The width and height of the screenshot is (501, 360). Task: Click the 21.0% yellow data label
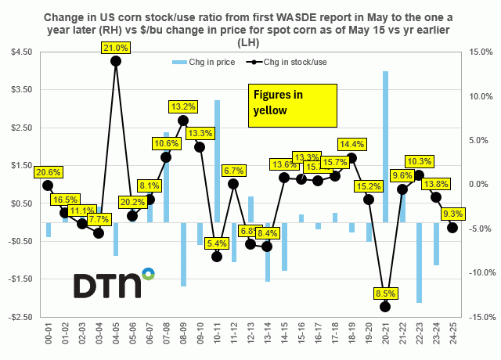coord(116,49)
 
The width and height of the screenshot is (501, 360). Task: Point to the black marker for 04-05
coord(115,61)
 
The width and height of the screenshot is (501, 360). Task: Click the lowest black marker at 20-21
coord(385,307)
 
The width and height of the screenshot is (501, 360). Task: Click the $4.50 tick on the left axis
coord(21,52)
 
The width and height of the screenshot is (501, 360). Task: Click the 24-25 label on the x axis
coord(452,336)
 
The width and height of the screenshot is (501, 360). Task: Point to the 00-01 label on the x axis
coord(48,336)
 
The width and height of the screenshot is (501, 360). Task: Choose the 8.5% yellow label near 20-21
coord(385,293)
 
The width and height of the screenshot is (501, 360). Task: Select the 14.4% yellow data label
coord(351,144)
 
